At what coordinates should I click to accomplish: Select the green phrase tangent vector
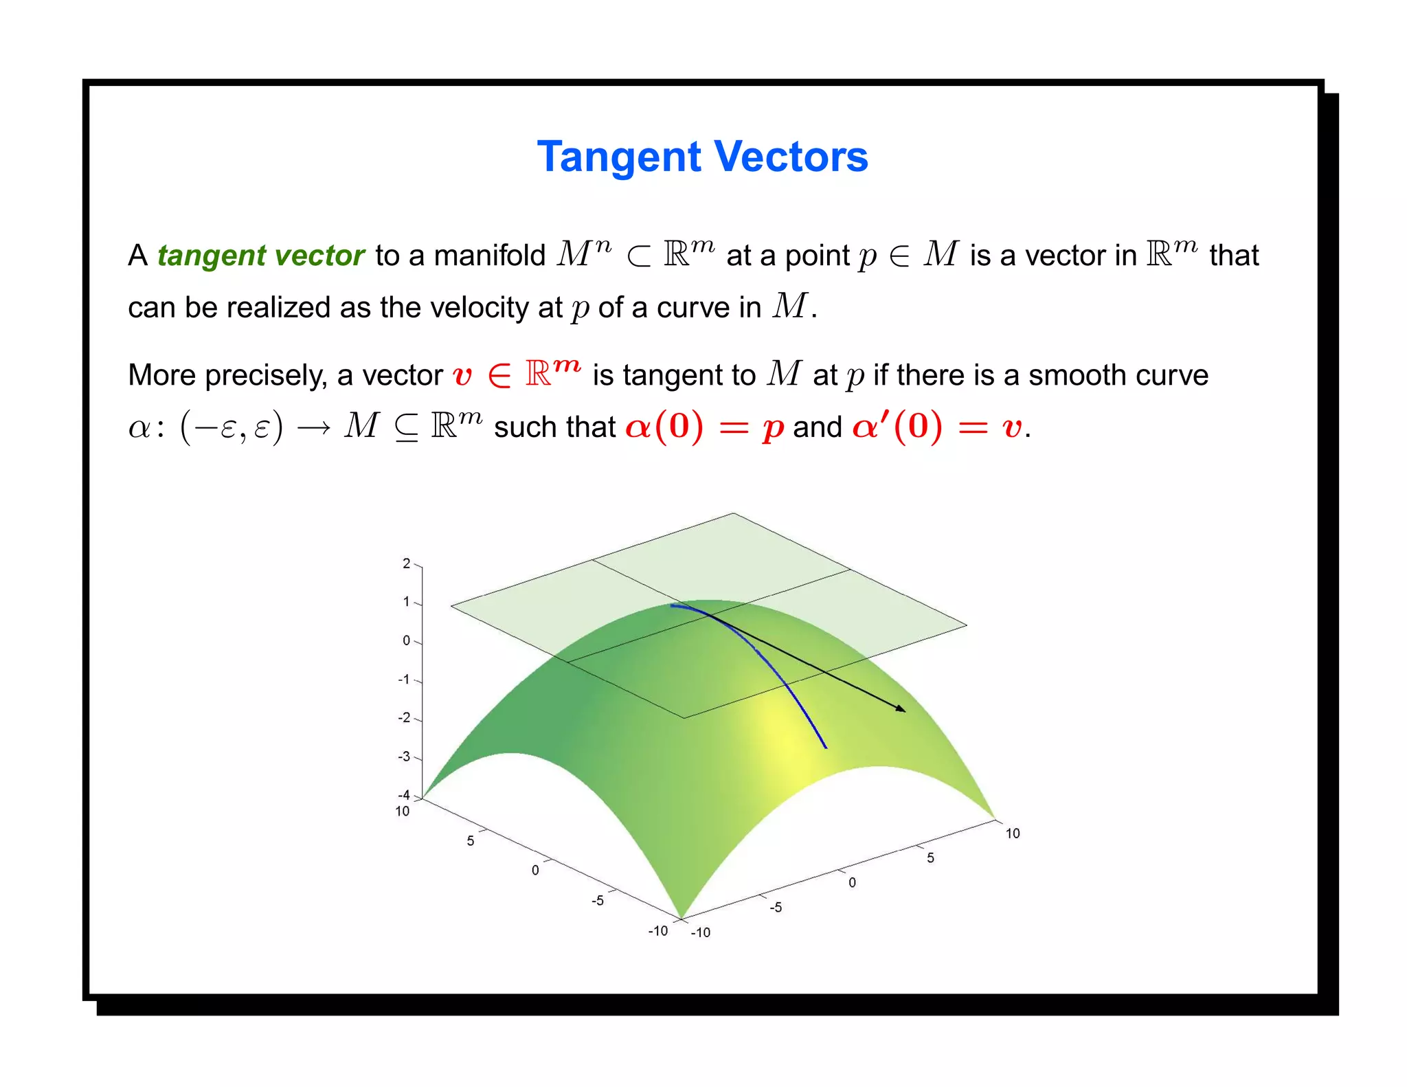pyautogui.click(x=260, y=256)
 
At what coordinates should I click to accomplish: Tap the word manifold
pyautogui.click(x=489, y=256)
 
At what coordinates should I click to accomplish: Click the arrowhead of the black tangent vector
pyautogui.click(x=901, y=709)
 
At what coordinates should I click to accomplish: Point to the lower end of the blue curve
pyautogui.click(x=825, y=747)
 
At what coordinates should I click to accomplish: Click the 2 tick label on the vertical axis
pyautogui.click(x=406, y=564)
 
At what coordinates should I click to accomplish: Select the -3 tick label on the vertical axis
pyautogui.click(x=404, y=757)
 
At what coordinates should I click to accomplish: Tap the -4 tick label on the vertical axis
pyautogui.click(x=404, y=796)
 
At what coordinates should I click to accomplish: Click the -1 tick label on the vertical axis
pyautogui.click(x=404, y=680)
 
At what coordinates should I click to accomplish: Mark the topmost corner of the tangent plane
pyautogui.click(x=733, y=513)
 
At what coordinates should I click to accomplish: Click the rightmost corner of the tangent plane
pyautogui.click(x=967, y=625)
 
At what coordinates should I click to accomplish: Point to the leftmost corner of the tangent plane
pyautogui.click(x=451, y=605)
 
